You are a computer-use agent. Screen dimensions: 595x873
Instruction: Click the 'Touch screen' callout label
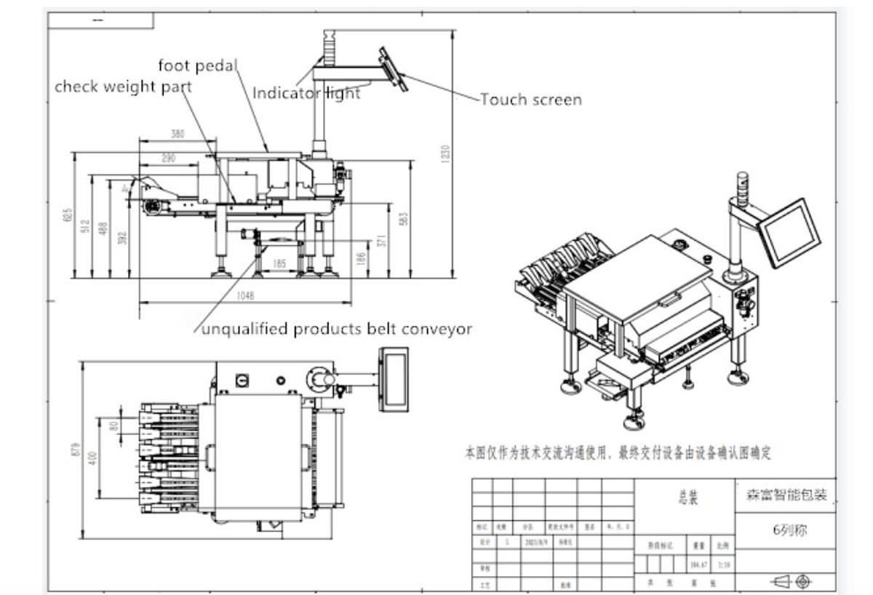coord(531,100)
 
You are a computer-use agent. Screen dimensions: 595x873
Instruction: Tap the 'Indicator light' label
coord(306,93)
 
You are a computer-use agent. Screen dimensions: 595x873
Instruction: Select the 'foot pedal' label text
coord(198,66)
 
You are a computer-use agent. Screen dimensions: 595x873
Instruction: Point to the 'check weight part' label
coord(123,87)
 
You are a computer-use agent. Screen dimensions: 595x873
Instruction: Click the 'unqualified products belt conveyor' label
coord(337,330)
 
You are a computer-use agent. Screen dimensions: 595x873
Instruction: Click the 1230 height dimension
coord(445,153)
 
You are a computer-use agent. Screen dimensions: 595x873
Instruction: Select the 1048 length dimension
coord(245,296)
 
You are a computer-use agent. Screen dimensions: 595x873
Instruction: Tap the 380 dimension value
coord(178,134)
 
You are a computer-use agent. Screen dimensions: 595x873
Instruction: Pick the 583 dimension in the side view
coord(404,218)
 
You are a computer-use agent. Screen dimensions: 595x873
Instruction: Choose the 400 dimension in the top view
coord(92,458)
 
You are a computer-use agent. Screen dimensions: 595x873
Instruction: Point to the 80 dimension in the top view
coord(113,425)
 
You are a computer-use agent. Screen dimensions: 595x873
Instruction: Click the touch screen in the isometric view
coord(789,232)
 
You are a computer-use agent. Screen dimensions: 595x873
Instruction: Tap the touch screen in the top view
coord(394,379)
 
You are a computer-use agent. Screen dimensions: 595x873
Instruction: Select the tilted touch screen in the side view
coord(393,69)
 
